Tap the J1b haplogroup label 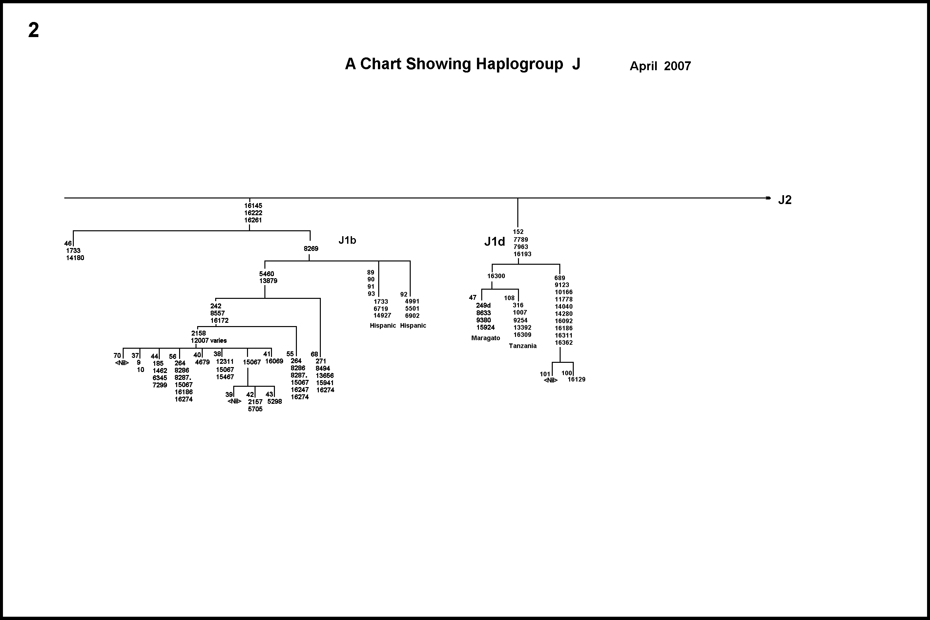click(x=347, y=240)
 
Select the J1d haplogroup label click(x=494, y=241)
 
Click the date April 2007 click(x=660, y=66)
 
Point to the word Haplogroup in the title click(x=519, y=64)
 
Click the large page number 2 click(x=33, y=30)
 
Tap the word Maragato click(x=486, y=338)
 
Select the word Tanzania click(x=522, y=346)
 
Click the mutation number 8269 click(x=311, y=249)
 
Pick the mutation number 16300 click(x=496, y=276)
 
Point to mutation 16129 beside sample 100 click(x=576, y=380)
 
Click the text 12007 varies click(x=209, y=341)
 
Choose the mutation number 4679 click(x=202, y=362)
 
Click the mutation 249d click(x=483, y=306)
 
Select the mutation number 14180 click(x=75, y=258)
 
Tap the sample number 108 click(x=509, y=298)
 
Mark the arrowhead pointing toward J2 click(x=768, y=198)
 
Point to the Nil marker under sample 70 click(x=122, y=363)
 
